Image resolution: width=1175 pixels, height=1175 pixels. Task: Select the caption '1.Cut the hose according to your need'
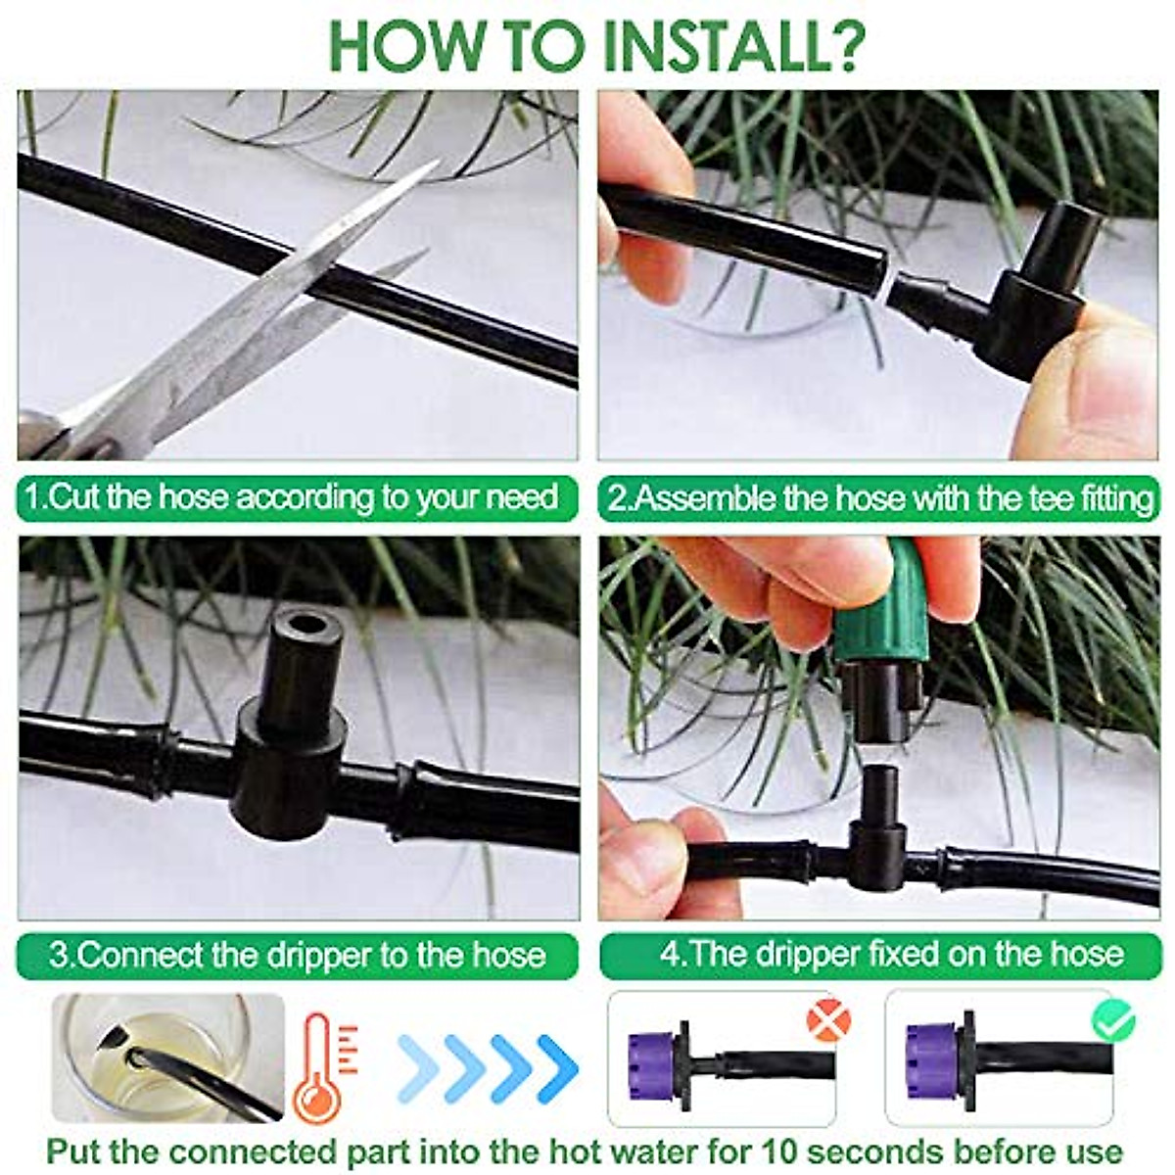point(292,497)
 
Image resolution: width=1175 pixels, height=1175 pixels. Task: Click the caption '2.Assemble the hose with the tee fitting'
point(880,498)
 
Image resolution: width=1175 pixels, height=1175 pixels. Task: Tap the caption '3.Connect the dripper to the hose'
point(297,955)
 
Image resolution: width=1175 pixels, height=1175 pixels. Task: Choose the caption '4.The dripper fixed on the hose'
point(891,955)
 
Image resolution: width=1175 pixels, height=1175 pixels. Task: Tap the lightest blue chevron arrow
point(419,1059)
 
